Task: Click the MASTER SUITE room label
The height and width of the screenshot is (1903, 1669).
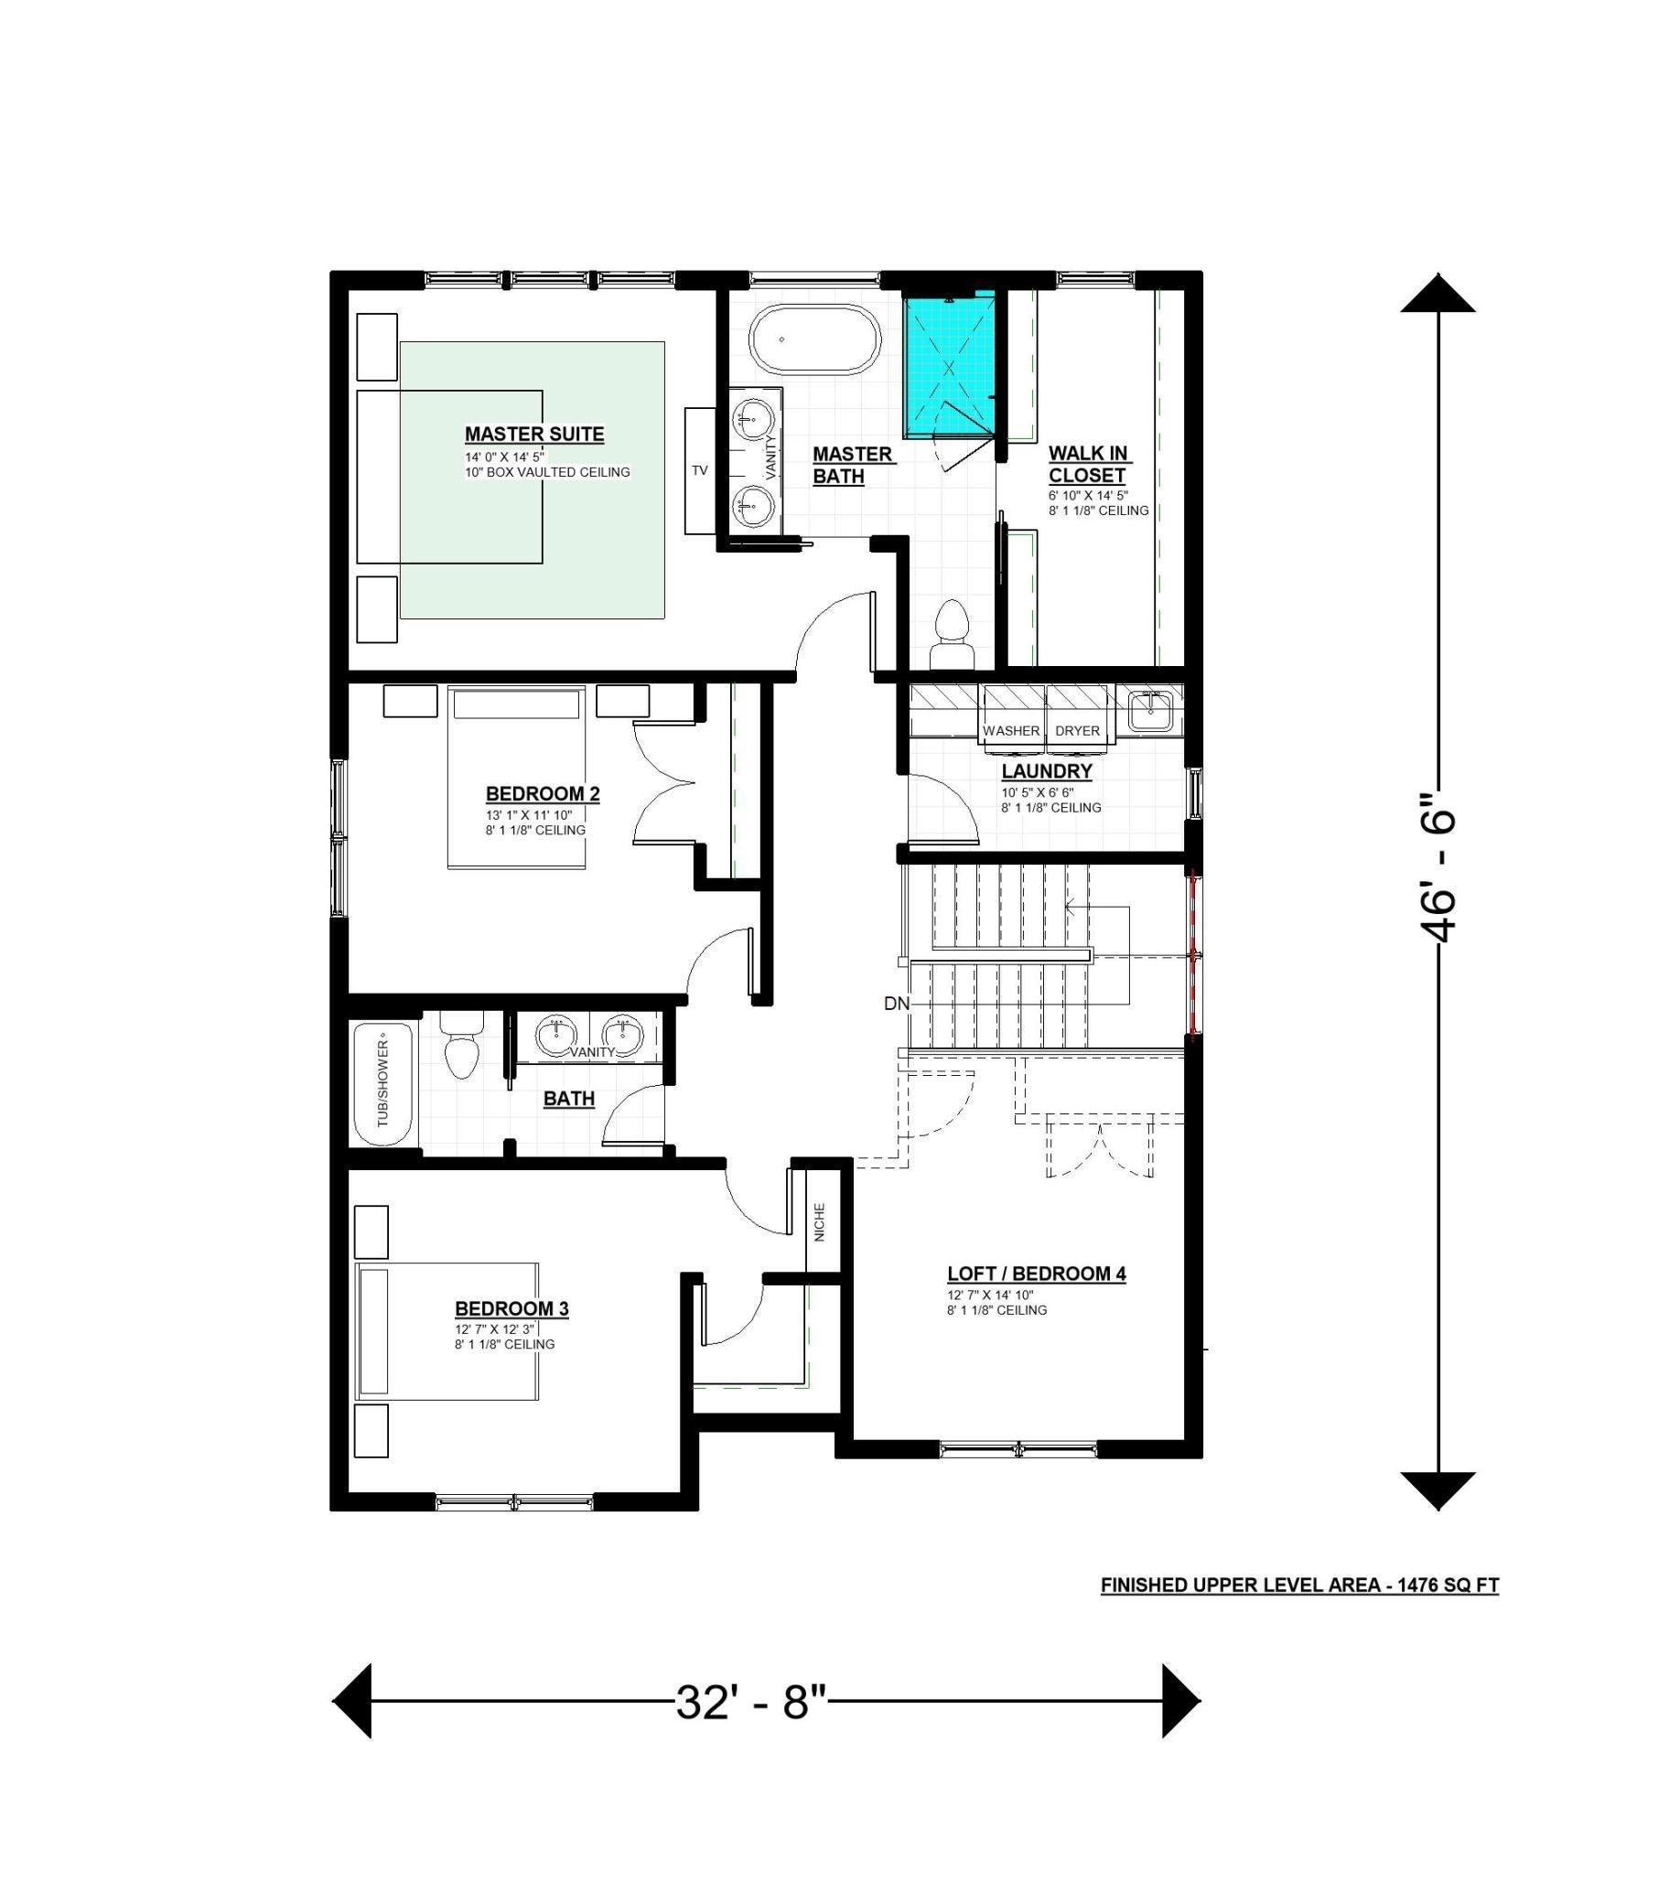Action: pyautogui.click(x=534, y=434)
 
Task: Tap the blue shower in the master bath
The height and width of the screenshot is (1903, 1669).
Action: pyautogui.click(x=949, y=365)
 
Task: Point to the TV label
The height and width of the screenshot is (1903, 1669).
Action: pyautogui.click(x=699, y=470)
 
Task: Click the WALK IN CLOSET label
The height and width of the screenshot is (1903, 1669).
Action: pyautogui.click(x=1088, y=465)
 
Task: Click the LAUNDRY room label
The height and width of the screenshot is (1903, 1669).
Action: pyautogui.click(x=1047, y=771)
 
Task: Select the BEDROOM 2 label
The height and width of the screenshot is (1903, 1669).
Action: pyautogui.click(x=543, y=794)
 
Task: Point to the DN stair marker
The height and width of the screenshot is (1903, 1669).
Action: pyautogui.click(x=896, y=1004)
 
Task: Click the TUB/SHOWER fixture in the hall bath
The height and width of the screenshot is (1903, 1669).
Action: pyautogui.click(x=383, y=1085)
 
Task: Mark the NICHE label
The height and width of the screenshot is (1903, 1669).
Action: pyautogui.click(x=820, y=1222)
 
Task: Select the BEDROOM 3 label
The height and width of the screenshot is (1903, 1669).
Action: pyautogui.click(x=511, y=1308)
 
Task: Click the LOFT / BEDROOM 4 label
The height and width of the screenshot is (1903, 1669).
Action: pyautogui.click(x=1037, y=1274)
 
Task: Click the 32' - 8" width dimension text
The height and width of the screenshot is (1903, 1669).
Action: pyautogui.click(x=752, y=1702)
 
